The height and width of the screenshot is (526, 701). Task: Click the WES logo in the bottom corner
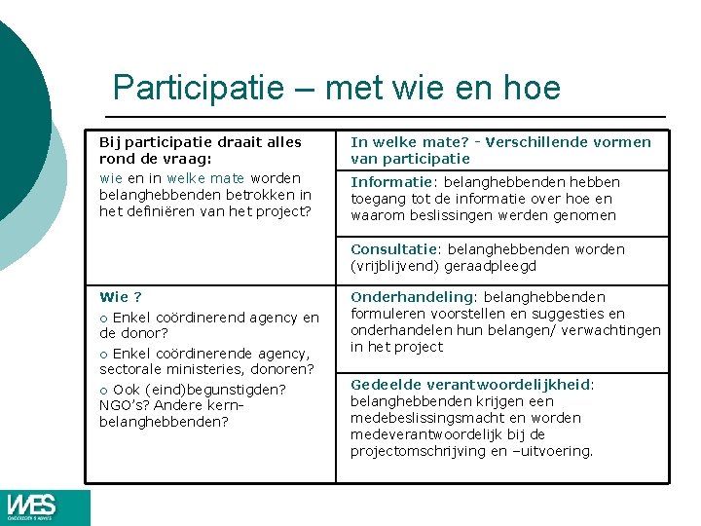coord(32,507)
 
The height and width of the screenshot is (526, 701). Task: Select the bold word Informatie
coord(388,182)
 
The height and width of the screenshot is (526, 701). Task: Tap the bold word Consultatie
coord(392,249)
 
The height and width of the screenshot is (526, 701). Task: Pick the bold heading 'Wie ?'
coord(121,297)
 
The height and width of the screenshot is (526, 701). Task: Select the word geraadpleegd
coord(492,266)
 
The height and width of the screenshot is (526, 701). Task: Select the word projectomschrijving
coord(422,451)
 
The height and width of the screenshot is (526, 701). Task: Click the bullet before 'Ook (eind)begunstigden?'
coord(103,390)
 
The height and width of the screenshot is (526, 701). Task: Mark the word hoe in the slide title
coord(534,88)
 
